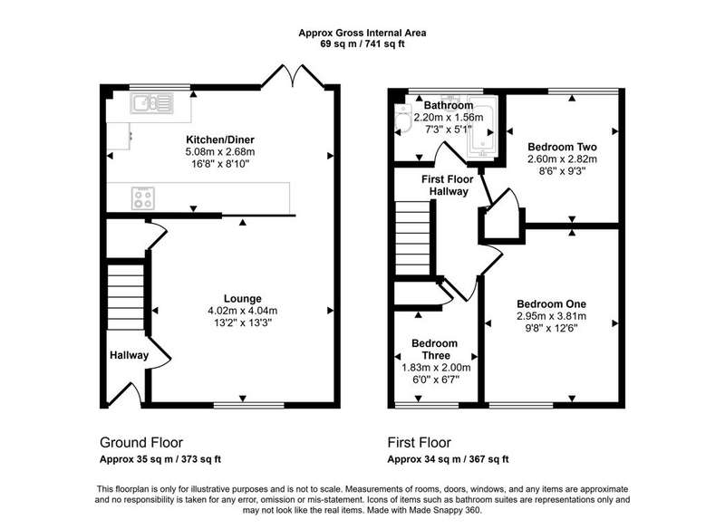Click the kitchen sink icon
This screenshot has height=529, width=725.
151,103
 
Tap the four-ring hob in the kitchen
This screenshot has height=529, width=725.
143,198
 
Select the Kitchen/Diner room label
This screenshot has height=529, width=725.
220,139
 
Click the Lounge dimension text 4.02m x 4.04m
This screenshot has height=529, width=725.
243,311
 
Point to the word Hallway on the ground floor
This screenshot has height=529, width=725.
129,355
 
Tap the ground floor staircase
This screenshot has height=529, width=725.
126,296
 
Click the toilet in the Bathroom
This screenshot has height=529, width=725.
403,118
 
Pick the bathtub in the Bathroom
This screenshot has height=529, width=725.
482,126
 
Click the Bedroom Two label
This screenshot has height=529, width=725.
562,147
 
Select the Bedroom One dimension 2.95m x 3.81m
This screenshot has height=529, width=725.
552,316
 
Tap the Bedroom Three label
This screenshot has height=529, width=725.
435,350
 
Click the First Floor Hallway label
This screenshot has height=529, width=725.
448,186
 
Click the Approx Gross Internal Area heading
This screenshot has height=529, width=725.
362,33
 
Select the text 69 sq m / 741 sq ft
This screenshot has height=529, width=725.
362,44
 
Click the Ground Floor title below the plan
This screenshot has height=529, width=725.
141,443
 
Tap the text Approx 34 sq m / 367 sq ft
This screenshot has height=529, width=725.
448,459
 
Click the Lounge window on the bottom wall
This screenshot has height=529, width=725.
248,405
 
